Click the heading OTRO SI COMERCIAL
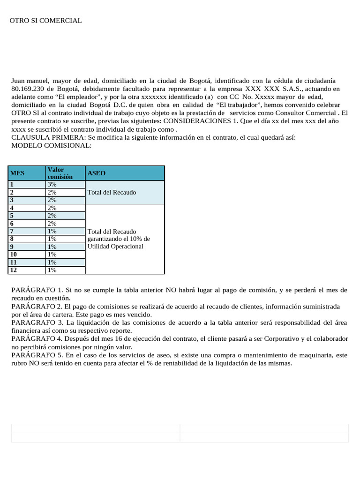coord(45,21)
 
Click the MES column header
coord(17,173)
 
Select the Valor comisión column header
coord(60,173)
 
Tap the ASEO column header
coord(96,173)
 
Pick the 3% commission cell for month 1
coord(52,185)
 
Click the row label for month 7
coord(13,231)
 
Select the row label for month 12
coord(14,270)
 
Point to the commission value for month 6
coord(52,224)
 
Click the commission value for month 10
coord(52,255)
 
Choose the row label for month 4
coord(13,208)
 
